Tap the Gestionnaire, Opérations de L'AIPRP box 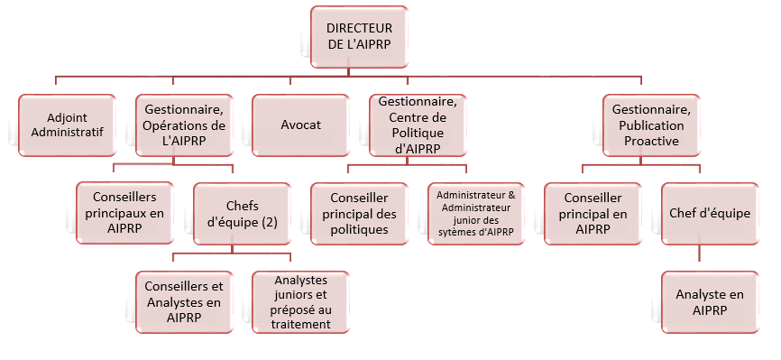[x=183, y=125]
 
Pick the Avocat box [x=301, y=125]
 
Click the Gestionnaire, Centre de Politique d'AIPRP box [x=416, y=125]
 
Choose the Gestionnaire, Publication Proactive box [x=651, y=125]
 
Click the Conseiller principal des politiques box [x=360, y=212]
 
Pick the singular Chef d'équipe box [x=711, y=212]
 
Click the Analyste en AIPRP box [x=711, y=302]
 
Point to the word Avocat [x=301, y=125]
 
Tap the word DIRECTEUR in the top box [x=359, y=29]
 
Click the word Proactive [x=651, y=141]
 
